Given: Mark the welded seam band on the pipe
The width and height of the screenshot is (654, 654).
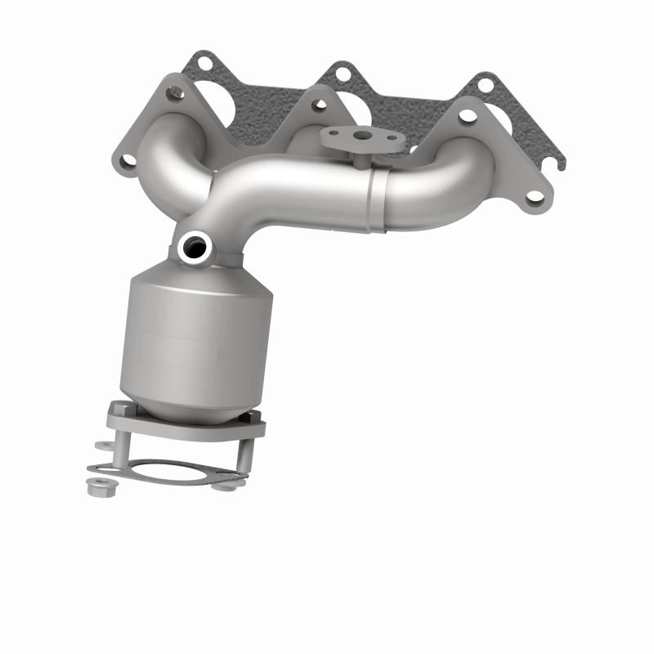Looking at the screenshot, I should [375, 199].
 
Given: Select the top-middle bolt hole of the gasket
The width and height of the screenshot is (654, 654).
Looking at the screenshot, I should [343, 74].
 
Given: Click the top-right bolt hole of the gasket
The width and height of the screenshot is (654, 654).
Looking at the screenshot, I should [486, 83].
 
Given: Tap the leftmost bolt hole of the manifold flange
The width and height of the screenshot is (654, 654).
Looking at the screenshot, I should [127, 162].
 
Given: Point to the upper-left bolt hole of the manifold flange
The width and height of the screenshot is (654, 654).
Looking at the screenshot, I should [173, 93].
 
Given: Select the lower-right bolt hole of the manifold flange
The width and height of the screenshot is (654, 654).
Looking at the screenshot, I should [535, 196].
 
